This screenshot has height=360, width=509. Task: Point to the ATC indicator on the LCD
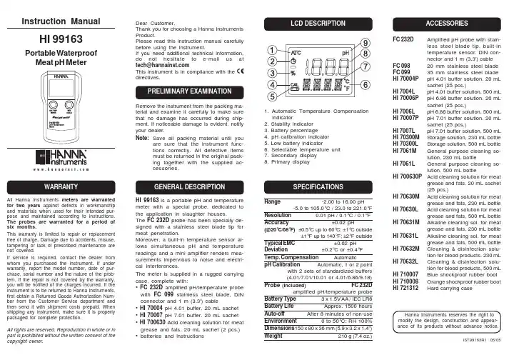click(x=294, y=52)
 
